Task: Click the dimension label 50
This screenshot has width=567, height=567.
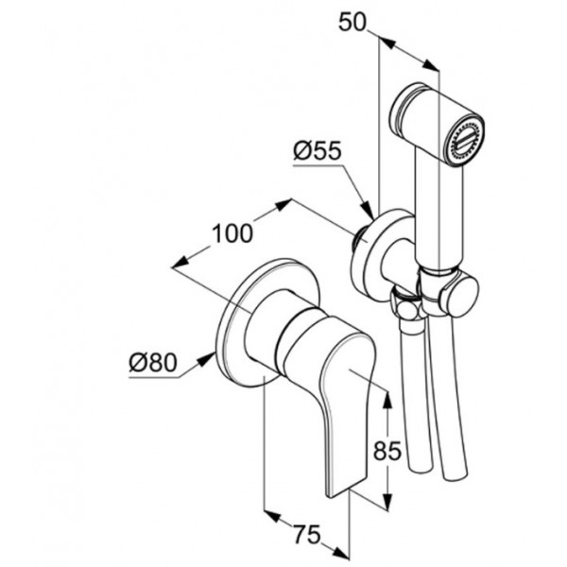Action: click(352, 23)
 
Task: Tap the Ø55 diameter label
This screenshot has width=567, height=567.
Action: click(318, 151)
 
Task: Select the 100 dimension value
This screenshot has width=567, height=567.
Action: click(232, 233)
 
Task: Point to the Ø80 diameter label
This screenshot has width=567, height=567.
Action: click(153, 362)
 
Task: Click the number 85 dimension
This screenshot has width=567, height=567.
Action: click(387, 451)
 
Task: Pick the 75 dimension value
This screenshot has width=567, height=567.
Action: click(306, 535)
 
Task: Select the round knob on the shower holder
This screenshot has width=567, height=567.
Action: click(460, 296)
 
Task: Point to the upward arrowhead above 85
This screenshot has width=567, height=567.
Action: click(387, 401)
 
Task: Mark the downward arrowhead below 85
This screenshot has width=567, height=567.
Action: click(387, 501)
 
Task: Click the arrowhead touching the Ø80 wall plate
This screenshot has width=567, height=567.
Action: click(206, 359)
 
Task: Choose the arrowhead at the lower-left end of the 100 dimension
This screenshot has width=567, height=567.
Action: click(180, 263)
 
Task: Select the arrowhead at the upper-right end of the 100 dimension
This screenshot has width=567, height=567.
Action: click(283, 205)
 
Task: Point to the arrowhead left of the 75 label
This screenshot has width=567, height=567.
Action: click(273, 517)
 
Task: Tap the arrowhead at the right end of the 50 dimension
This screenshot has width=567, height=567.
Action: click(430, 65)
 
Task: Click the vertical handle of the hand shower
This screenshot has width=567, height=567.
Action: click(438, 214)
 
